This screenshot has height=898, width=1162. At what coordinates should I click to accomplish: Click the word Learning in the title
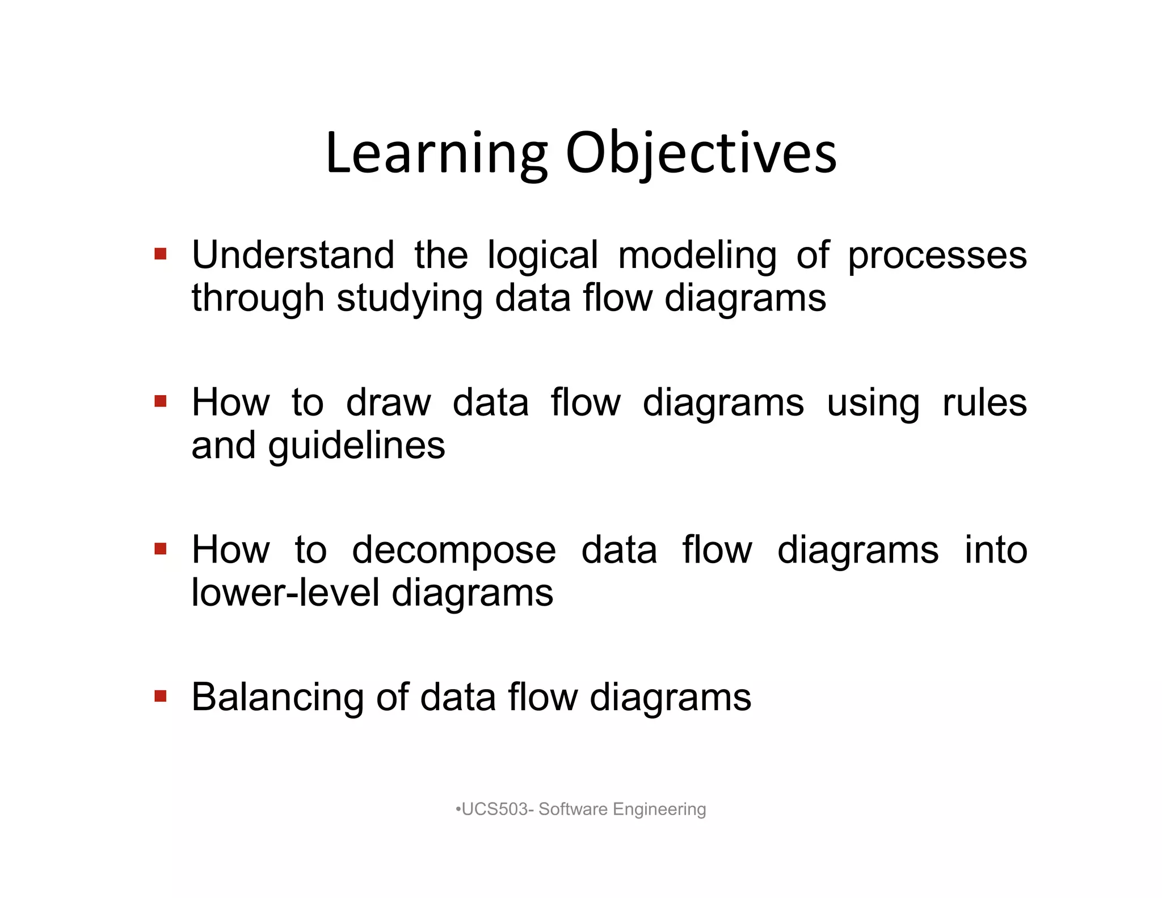point(436,153)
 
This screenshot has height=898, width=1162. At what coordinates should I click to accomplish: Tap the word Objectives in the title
point(701,153)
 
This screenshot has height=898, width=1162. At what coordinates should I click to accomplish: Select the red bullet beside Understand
point(161,253)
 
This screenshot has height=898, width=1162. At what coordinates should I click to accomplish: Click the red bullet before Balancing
point(161,695)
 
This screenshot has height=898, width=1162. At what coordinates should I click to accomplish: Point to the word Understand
point(293,255)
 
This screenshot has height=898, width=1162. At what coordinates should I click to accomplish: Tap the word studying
point(409,299)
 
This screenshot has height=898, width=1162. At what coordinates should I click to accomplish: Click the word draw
point(389,403)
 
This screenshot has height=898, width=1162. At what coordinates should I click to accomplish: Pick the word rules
point(984,403)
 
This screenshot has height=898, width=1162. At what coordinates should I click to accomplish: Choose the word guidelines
point(356,447)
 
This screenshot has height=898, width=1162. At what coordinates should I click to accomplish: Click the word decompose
point(454,551)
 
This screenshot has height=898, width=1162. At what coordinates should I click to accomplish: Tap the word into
point(996,550)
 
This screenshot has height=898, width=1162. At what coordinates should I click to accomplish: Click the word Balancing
point(277,698)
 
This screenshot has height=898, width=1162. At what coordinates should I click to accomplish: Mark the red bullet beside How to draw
point(161,401)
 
